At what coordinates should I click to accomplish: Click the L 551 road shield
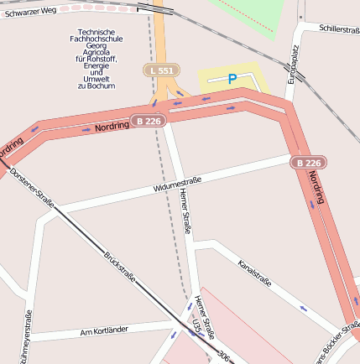tap(160, 71)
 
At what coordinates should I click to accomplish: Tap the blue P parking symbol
tap(232, 79)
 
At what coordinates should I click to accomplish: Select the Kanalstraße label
tap(254, 274)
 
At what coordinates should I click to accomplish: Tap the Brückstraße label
tap(120, 266)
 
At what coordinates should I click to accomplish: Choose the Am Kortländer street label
tap(104, 330)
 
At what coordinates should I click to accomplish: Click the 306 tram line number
tap(223, 356)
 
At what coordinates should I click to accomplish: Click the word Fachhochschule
tap(95, 39)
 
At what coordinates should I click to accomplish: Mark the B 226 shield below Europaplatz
tap(308, 162)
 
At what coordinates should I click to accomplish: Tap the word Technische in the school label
tap(95, 33)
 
